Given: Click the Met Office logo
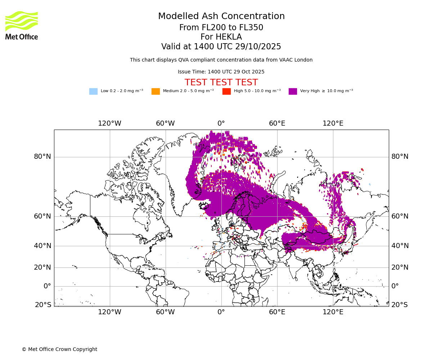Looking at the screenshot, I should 22,25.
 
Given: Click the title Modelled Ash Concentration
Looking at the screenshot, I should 221,17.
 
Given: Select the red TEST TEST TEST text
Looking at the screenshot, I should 221,82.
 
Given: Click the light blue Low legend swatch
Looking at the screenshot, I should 93,91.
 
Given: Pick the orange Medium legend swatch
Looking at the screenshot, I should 156,91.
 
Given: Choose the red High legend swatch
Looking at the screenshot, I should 226,91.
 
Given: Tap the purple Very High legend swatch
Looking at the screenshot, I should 293,91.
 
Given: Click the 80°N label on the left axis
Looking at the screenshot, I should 42,157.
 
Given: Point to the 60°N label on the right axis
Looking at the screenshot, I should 400,216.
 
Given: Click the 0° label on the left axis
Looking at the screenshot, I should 47,286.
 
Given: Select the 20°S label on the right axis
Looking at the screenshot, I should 400,305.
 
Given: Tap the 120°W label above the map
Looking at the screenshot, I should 110,123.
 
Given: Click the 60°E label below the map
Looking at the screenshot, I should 277,312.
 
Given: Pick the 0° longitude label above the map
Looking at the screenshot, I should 221,123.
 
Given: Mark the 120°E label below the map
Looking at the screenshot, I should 333,312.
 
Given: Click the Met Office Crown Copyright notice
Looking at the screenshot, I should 59,349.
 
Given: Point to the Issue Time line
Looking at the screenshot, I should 221,72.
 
